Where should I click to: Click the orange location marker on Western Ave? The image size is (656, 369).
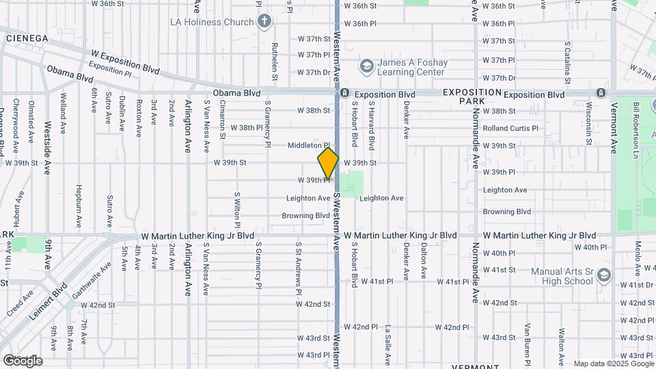328,164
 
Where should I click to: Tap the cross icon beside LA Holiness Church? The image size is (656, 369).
264,22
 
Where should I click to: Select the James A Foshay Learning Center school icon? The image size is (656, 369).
366,66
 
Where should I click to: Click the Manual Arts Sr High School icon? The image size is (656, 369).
603,275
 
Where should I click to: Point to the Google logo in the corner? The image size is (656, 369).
22,360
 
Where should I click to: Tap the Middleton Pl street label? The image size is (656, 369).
309,146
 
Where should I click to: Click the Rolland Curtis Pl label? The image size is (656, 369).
510,128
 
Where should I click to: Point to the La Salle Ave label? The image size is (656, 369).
387,346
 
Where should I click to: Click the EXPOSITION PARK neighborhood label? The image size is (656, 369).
472,96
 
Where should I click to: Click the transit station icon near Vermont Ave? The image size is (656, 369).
600,93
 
